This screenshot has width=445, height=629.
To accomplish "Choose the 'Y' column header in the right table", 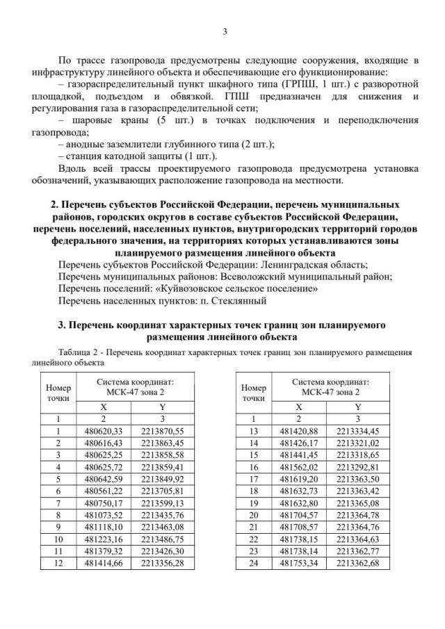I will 357,407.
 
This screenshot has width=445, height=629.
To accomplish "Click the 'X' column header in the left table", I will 103,407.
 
